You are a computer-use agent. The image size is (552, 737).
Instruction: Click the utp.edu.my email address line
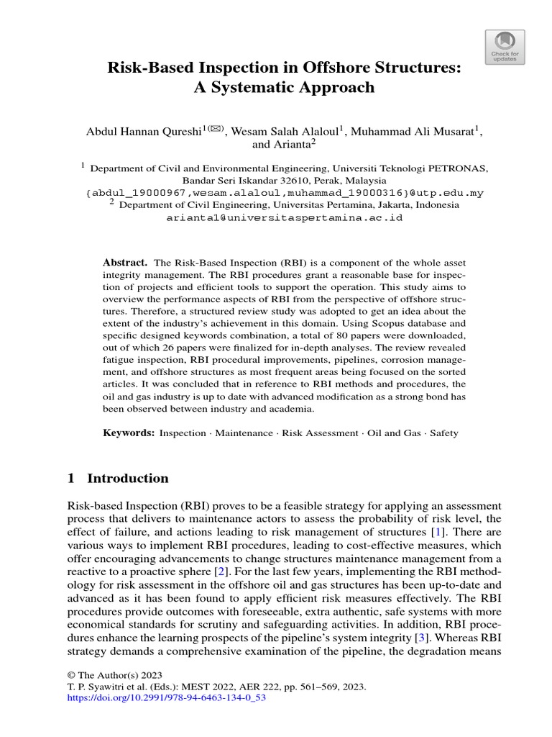285,193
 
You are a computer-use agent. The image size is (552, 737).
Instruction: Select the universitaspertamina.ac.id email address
285,217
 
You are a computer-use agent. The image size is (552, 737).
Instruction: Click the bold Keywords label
128,433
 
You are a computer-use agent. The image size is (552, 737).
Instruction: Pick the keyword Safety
443,433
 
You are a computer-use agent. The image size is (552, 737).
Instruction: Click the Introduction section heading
127,479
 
